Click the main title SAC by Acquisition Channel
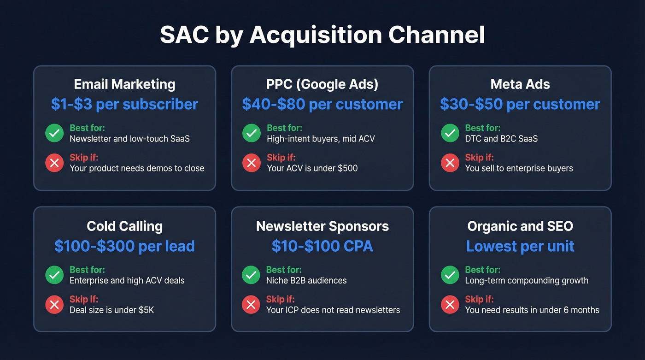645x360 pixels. [322, 35]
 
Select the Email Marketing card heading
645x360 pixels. [124, 84]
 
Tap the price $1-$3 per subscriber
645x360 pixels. [124, 104]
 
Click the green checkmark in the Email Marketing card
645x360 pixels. [54, 133]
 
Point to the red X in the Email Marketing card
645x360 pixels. [54, 163]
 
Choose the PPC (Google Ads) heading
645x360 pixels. [322, 84]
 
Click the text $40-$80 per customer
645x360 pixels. [322, 104]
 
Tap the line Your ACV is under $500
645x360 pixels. [312, 168]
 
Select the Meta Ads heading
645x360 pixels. [520, 84]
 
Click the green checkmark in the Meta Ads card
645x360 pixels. [450, 133]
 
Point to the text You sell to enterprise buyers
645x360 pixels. [519, 168]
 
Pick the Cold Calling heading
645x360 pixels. [124, 226]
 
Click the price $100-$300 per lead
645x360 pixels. [124, 246]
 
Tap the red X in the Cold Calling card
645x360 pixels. [54, 304]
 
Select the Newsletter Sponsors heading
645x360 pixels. [322, 226]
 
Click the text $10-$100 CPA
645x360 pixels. [322, 246]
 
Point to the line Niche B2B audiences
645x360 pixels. [306, 280]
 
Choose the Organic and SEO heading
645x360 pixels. [520, 226]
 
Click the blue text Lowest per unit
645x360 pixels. [520, 246]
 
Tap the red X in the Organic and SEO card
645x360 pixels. [450, 304]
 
